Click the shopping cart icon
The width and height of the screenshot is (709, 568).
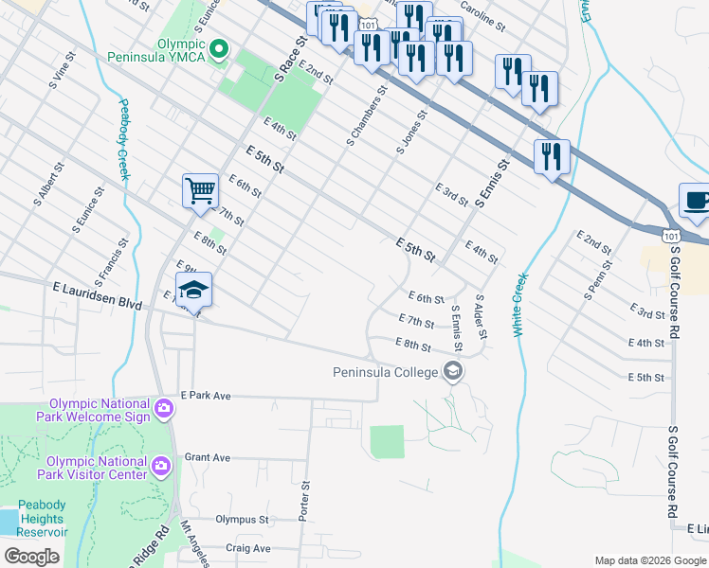200,190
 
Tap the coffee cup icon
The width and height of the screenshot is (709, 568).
695,201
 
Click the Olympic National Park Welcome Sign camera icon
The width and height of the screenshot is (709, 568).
164,409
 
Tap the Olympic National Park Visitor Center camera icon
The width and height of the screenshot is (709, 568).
160,466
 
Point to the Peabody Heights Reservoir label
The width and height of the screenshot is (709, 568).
40,519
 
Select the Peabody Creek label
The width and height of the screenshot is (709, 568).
122,139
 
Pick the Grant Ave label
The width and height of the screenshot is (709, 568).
207,457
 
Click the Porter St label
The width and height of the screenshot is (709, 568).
305,500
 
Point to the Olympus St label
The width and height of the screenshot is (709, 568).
242,519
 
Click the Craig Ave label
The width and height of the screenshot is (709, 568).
248,548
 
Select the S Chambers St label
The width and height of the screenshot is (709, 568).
367,117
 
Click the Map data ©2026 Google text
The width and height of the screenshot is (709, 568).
650,560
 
